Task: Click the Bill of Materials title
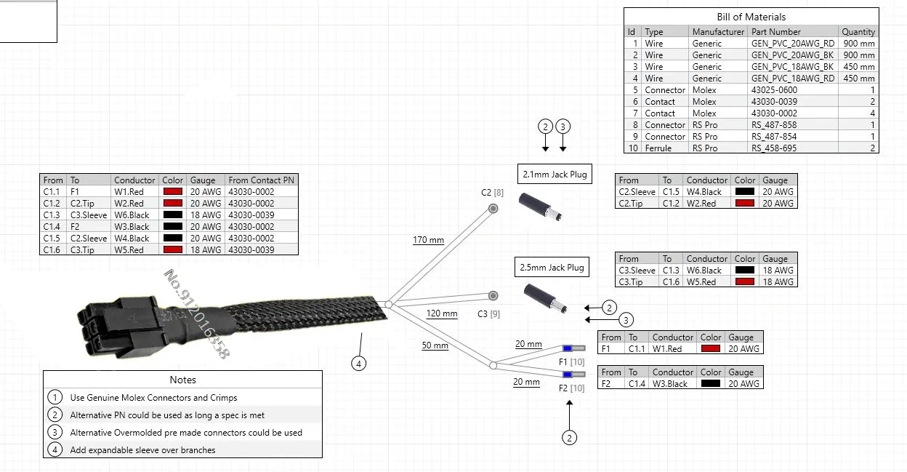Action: point(751,17)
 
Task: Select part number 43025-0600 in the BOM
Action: point(774,90)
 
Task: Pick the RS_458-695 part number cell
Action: point(774,148)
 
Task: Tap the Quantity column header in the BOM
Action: point(858,32)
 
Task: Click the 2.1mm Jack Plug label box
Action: point(554,175)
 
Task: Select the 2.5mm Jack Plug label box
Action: point(552,268)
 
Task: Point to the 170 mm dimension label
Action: point(428,240)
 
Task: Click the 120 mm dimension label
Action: point(442,314)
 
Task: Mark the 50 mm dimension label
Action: point(435,345)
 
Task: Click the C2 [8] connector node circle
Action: point(493,209)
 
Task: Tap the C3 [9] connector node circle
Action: point(493,295)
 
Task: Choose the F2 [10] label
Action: point(571,388)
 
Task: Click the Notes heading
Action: point(182,380)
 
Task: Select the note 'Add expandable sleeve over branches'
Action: point(142,450)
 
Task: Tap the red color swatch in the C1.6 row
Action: point(172,250)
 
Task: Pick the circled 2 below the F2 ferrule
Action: point(570,437)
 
